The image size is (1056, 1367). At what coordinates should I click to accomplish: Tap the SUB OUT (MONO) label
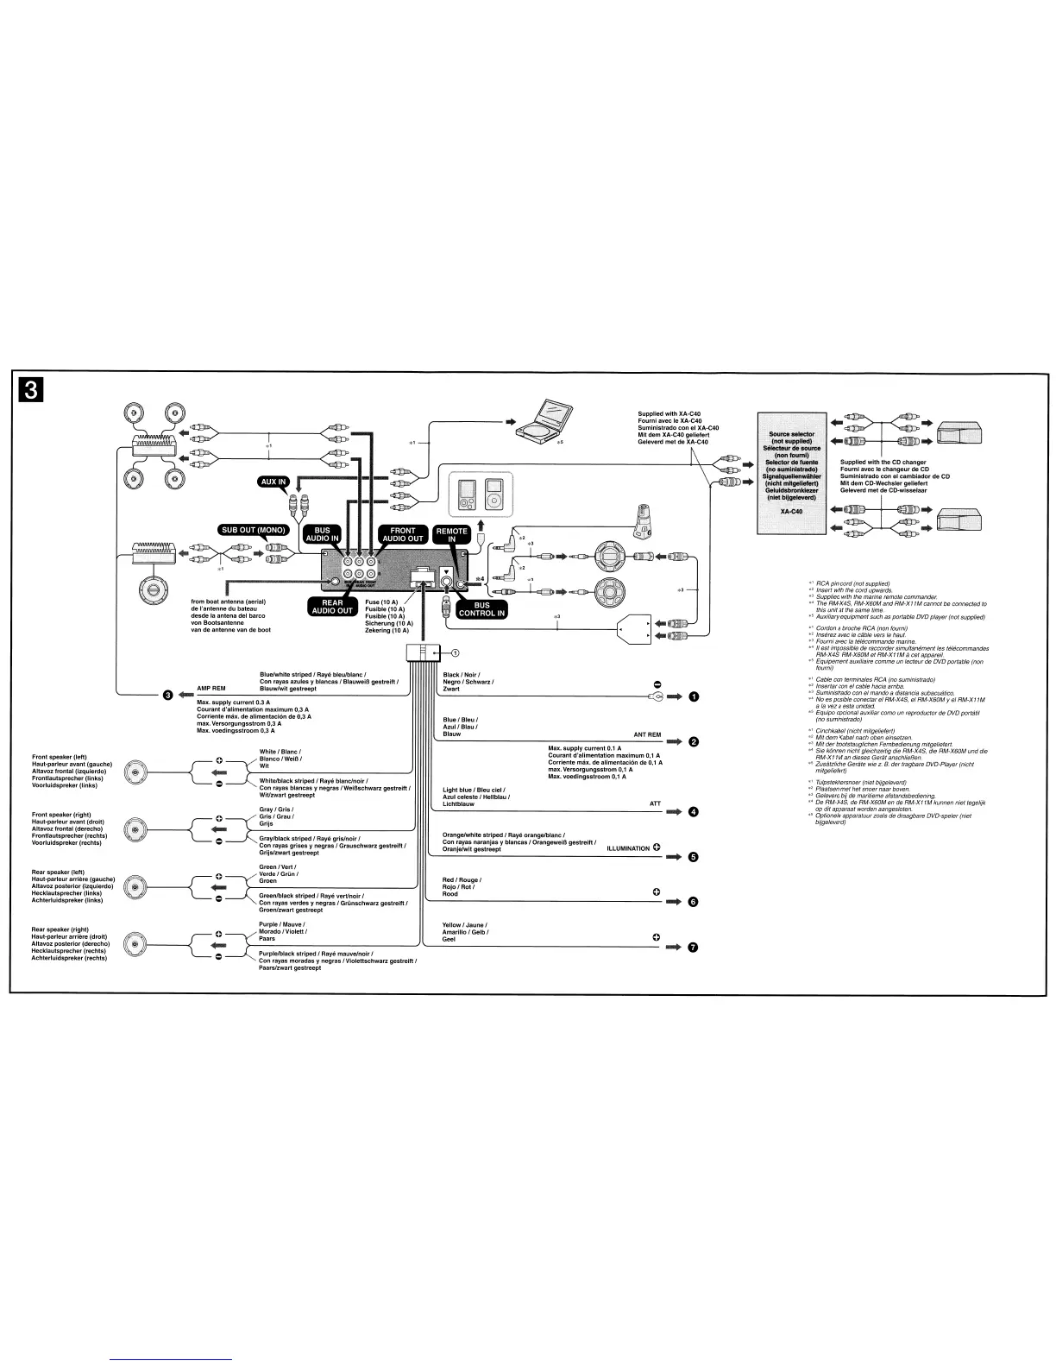[253, 529]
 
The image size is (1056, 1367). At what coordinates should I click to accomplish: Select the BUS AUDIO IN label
[322, 536]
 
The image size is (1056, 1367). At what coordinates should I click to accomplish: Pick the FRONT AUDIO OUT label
[403, 536]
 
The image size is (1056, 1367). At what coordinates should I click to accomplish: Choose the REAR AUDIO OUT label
[332, 606]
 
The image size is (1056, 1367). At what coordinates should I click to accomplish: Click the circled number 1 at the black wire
[694, 697]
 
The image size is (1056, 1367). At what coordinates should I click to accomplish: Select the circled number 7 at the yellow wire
[694, 948]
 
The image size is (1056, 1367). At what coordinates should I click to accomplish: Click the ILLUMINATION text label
[628, 848]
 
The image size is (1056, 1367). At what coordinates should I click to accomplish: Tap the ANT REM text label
[647, 734]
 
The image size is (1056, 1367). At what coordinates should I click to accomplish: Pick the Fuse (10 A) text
[380, 602]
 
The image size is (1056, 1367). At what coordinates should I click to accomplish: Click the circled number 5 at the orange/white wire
[694, 857]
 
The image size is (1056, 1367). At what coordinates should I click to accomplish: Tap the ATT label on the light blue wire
[655, 803]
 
